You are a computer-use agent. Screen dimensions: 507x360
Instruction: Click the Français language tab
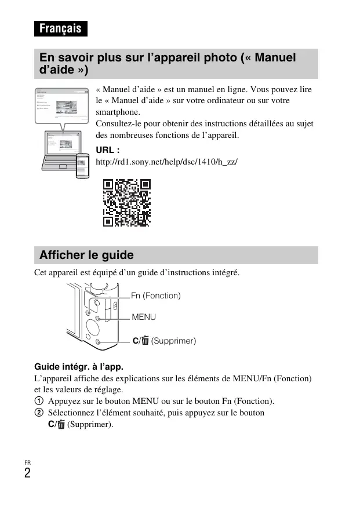[x=60, y=28]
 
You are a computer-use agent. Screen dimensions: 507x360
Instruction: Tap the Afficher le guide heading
[x=86, y=255]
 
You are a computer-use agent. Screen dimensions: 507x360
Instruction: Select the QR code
[x=127, y=202]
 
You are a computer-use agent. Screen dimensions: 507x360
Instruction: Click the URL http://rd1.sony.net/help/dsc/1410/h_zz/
[x=166, y=162]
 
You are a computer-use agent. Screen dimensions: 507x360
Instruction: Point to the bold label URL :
[x=107, y=151]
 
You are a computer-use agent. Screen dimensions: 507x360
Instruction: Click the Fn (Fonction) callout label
[x=156, y=296]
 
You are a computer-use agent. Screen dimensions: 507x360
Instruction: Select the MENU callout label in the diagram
[x=144, y=317]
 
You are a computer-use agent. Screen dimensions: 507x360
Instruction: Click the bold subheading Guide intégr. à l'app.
[x=79, y=366]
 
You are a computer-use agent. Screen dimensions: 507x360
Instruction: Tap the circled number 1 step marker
[x=39, y=401]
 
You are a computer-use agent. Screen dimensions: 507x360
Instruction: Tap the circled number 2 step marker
[x=39, y=413]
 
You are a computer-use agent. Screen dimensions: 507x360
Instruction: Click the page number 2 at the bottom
[x=28, y=473]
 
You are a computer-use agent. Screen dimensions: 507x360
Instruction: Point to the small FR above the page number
[x=28, y=462]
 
